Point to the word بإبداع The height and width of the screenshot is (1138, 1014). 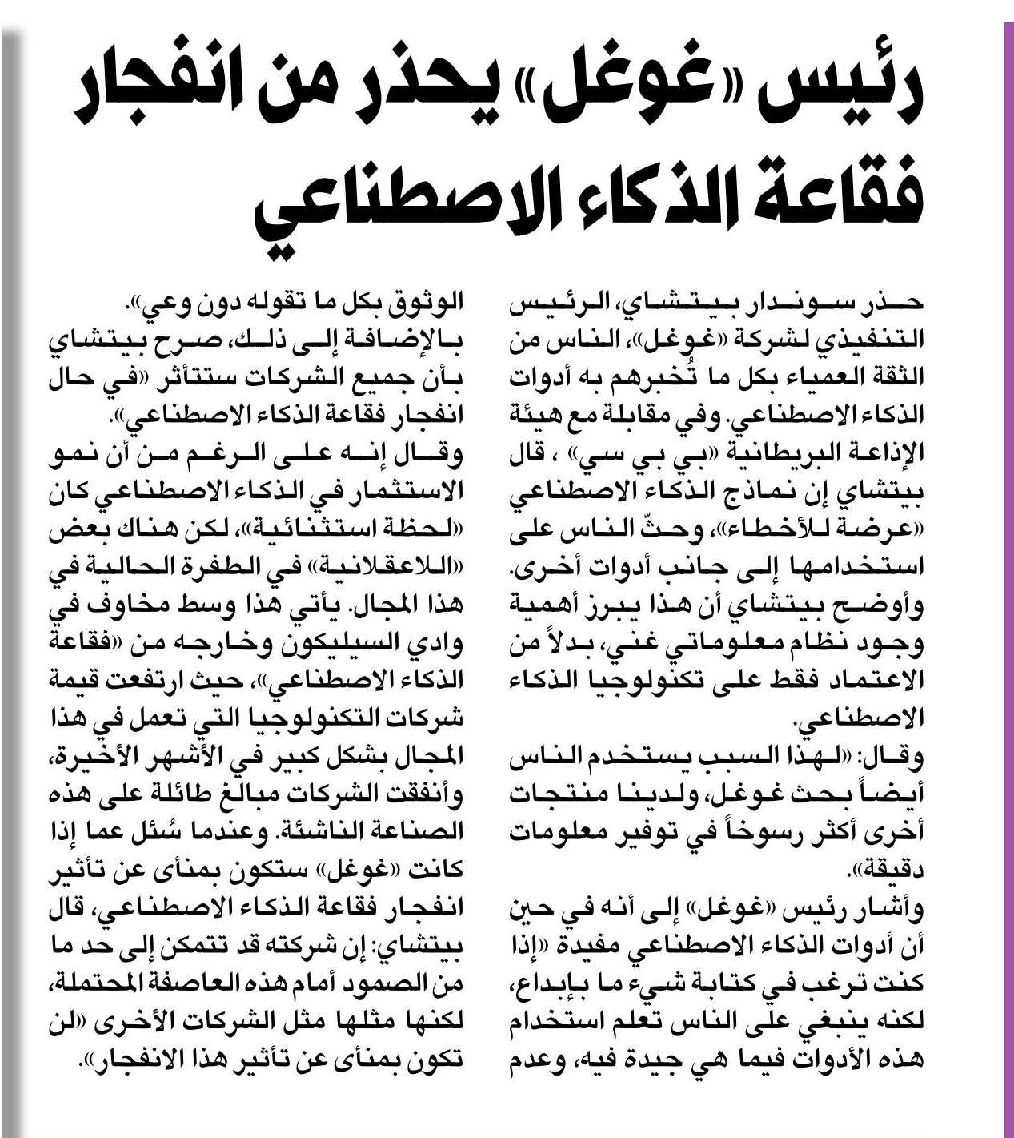(x=544, y=984)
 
